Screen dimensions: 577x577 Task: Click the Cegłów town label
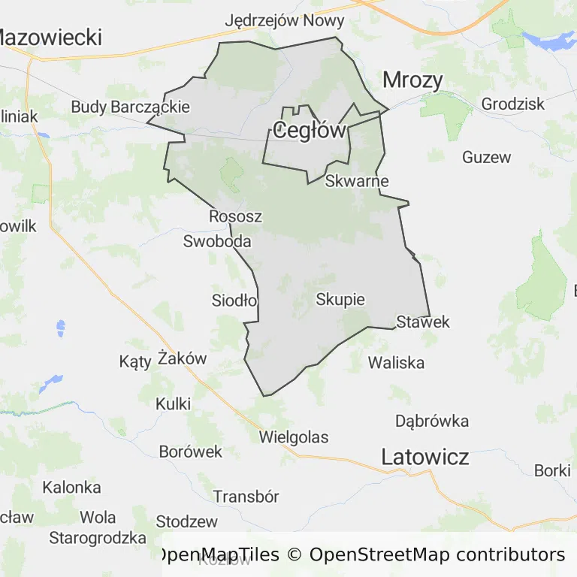click(x=309, y=131)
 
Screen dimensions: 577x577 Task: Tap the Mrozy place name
click(x=412, y=80)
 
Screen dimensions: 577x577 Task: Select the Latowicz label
click(x=425, y=456)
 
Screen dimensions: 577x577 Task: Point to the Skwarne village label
click(x=357, y=181)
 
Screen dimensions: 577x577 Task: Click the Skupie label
click(x=340, y=300)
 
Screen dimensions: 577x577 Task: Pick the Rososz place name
click(x=235, y=216)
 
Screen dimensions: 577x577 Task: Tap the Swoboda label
click(x=217, y=242)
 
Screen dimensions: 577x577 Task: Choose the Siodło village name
click(x=234, y=301)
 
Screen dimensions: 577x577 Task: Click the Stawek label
click(x=423, y=322)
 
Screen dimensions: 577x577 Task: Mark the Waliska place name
click(x=396, y=363)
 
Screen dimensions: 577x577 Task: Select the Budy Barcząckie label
click(x=131, y=107)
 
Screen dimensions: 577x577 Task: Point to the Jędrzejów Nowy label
click(x=285, y=20)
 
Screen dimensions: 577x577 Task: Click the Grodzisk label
click(x=513, y=104)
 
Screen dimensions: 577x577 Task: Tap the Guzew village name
click(x=487, y=157)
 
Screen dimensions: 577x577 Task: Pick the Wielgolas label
click(x=294, y=437)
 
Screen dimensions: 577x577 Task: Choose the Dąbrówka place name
click(x=432, y=421)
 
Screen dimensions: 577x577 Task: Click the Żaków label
click(x=183, y=358)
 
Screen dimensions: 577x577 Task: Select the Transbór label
click(x=246, y=497)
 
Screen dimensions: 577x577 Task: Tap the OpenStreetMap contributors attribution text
click(x=437, y=555)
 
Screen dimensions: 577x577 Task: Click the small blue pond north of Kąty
click(x=59, y=328)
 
